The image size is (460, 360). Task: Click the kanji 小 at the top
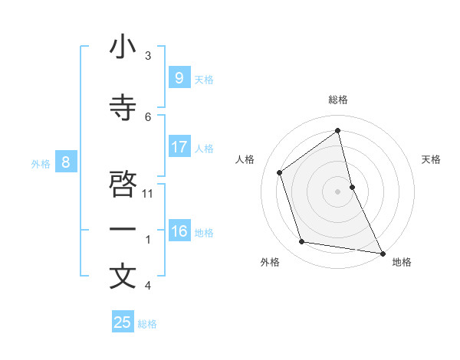point(123,47)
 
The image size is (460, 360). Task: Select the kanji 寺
point(123,109)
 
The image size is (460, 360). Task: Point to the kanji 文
point(123,277)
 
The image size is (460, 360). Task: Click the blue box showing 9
point(179,77)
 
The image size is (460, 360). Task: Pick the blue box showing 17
point(179,146)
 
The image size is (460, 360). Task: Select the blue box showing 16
point(179,231)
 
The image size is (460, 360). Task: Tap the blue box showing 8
point(66,162)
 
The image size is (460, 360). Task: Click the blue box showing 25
point(123,322)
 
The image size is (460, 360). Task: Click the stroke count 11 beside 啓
point(148,193)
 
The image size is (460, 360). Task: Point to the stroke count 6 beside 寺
point(148,116)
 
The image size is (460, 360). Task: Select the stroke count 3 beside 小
point(148,55)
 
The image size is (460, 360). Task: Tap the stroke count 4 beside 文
point(148,285)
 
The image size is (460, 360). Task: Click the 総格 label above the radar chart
point(338,100)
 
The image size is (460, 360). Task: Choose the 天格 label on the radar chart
point(432,159)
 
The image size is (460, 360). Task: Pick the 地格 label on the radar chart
point(402,262)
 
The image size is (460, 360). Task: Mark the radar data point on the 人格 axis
point(280,172)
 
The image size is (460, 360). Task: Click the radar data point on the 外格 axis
point(302,242)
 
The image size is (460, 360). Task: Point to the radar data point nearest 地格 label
point(382,252)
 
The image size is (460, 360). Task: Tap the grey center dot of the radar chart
point(338,191)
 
